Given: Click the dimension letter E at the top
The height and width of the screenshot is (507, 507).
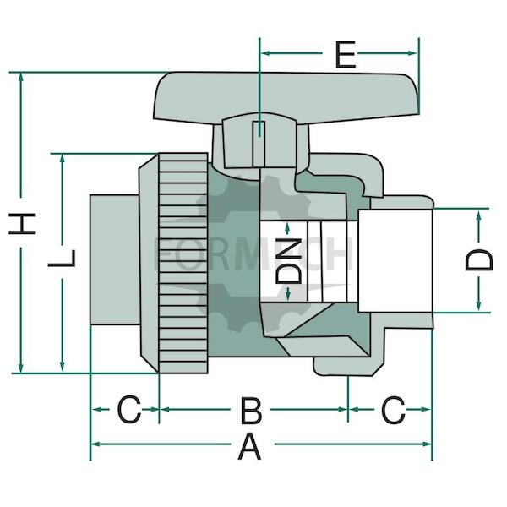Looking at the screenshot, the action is point(346,54).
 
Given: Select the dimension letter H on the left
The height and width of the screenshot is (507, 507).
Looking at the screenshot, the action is point(22,223).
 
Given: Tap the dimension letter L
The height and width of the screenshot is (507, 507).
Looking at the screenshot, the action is point(62,258).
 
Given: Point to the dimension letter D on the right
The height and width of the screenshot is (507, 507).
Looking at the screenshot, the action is point(479,260).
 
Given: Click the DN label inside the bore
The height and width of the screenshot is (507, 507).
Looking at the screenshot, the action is point(288,260).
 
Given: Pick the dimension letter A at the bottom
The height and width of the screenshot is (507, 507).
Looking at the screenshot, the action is point(249,447).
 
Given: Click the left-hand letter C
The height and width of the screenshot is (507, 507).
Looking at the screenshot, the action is point(129,409).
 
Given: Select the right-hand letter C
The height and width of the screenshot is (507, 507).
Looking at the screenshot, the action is point(393,410).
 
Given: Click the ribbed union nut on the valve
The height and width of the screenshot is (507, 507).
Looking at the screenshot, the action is point(183,263).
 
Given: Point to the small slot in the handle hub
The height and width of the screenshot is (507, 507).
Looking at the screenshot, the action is point(259,144).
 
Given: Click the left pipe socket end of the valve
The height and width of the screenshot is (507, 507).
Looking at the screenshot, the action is point(115,259).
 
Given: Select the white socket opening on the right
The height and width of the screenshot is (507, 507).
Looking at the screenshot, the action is point(395,261).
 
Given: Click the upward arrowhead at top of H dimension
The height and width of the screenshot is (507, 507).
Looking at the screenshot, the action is point(21,77).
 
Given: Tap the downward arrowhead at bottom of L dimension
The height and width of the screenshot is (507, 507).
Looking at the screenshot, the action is point(62,366).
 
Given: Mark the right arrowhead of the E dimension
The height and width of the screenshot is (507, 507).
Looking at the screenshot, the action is point(412,53).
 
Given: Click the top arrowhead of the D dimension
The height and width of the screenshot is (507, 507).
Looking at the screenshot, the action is point(479,215).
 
